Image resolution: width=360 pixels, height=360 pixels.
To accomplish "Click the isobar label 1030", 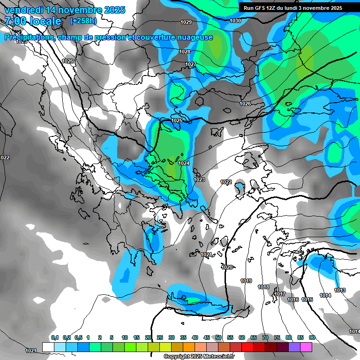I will coord(235,21).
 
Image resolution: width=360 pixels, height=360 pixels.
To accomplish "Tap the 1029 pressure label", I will coord(186,22).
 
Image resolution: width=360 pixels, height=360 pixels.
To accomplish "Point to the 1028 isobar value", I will coord(185,52).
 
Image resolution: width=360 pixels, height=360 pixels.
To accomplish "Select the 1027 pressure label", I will coord(191,64).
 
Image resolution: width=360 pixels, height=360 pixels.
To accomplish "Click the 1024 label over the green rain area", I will coord(184,163).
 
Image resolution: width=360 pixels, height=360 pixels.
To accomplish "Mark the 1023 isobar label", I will coord(199,180).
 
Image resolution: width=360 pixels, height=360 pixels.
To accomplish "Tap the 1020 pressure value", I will coord(227,267).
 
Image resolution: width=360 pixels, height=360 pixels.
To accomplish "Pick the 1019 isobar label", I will coord(246,281).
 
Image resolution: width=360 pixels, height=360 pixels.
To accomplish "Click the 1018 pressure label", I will coord(263,287).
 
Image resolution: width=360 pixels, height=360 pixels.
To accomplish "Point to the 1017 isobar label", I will coord(280,294).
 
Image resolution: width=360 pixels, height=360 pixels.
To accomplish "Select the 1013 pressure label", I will coord(340,291).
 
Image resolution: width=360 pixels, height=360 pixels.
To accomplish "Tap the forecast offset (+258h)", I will coord(83,21).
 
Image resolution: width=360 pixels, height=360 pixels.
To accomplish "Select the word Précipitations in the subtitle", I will coord(28,37).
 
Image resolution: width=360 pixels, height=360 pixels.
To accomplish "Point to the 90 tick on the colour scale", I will coord(312,337).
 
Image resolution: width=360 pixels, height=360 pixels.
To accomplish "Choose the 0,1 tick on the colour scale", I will coord(55,337).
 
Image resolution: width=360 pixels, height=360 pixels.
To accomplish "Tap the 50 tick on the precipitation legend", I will coord(218,337).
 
